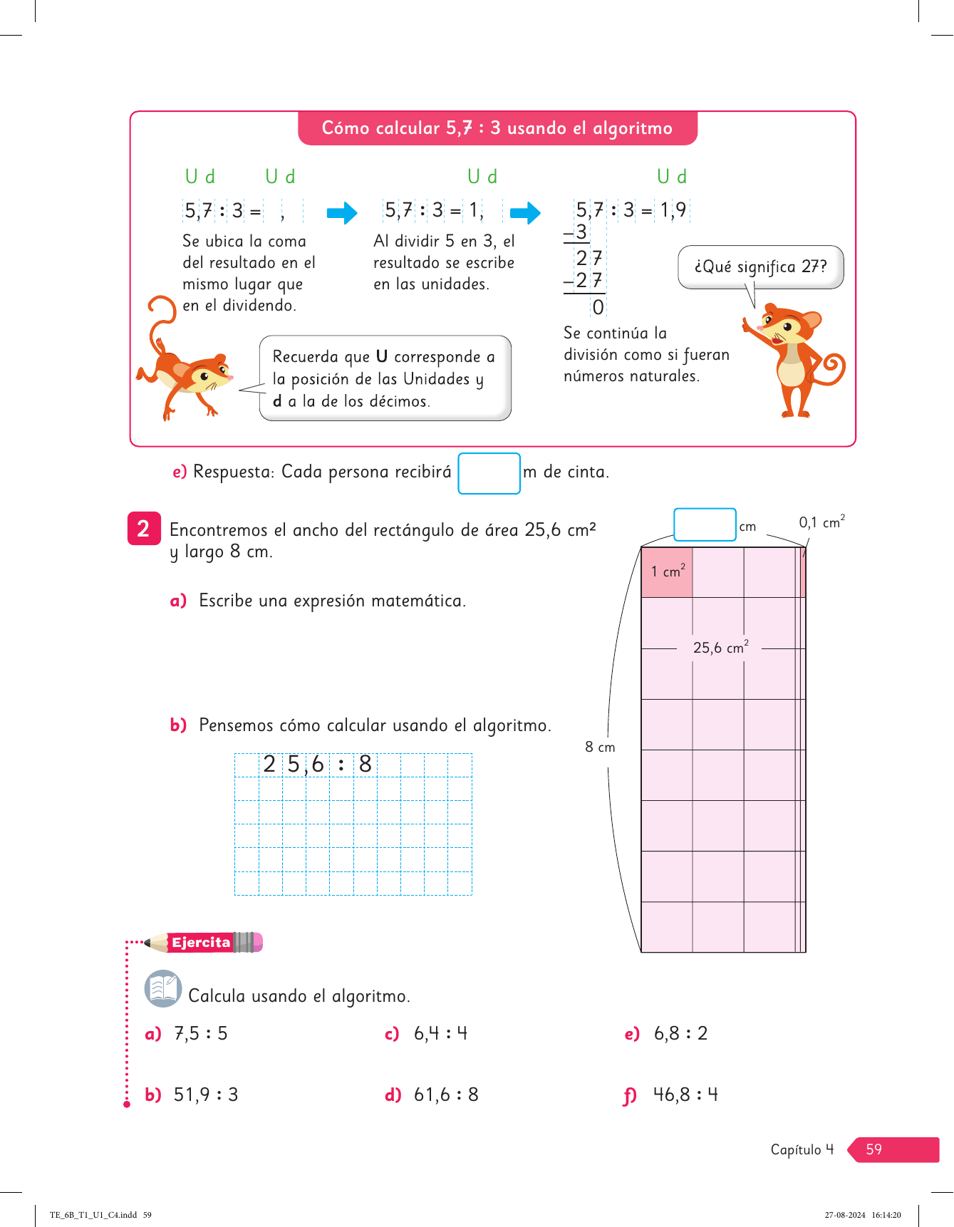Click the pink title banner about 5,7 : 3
[x=497, y=128]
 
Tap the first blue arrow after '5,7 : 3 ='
[x=342, y=212]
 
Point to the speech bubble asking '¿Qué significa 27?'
[x=760, y=266]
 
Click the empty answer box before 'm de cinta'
[x=489, y=473]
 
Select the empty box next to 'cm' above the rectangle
[x=705, y=524]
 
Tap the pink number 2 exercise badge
[x=144, y=529]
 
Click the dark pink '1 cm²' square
[x=667, y=571]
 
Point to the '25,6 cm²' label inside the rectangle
[x=720, y=648]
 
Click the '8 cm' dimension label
[x=600, y=747]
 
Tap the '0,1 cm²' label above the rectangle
[x=821, y=522]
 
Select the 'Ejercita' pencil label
[x=202, y=943]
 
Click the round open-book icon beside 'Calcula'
[x=163, y=988]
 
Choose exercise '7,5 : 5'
[x=201, y=1033]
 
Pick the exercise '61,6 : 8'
[x=446, y=1094]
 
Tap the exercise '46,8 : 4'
[x=685, y=1094]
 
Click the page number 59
[x=874, y=1149]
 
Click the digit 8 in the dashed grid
[x=365, y=765]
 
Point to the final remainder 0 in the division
[x=598, y=307]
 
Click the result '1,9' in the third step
[x=673, y=210]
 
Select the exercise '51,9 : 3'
[x=206, y=1094]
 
